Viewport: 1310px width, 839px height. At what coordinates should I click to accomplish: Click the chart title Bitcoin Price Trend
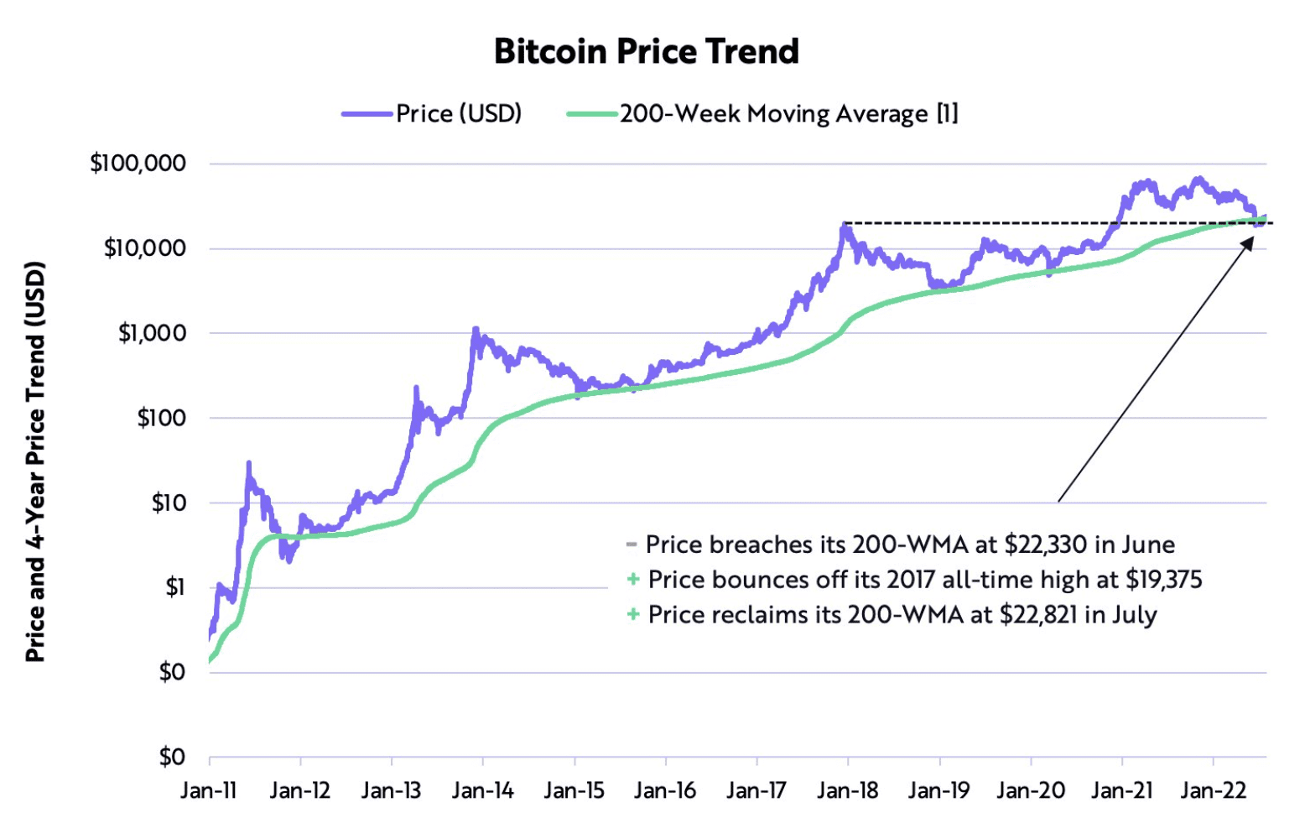[x=646, y=52]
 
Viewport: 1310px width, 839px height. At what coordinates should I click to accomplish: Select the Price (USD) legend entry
[x=458, y=113]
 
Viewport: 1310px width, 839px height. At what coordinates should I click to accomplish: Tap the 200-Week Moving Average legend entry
[x=788, y=113]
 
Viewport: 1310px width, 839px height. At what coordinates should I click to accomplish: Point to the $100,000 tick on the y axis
[x=138, y=163]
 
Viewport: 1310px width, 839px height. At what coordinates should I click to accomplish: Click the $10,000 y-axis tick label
[x=144, y=248]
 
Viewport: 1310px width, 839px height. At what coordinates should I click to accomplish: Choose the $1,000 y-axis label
[x=152, y=333]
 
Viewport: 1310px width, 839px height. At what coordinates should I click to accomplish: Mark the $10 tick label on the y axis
[x=169, y=503]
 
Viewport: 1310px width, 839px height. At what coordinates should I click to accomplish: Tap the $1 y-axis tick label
[x=175, y=587]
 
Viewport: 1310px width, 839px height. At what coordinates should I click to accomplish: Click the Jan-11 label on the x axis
[x=209, y=790]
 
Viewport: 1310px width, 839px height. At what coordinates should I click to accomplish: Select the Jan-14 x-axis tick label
[x=482, y=790]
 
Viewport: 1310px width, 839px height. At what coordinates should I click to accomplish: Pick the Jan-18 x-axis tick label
[x=848, y=790]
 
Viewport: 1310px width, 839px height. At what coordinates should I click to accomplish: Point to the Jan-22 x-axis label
[x=1213, y=790]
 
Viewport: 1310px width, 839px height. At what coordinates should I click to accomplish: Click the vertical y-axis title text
[x=35, y=461]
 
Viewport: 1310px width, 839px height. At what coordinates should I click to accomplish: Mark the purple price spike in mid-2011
[x=248, y=464]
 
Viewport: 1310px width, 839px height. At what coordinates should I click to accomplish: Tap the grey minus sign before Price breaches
[x=632, y=545]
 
